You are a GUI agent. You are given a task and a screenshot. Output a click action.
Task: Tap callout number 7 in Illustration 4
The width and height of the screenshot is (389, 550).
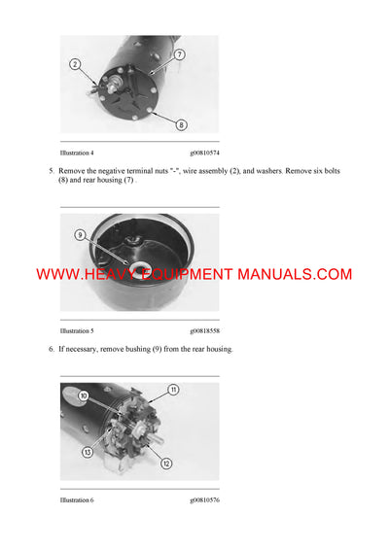[x=180, y=56]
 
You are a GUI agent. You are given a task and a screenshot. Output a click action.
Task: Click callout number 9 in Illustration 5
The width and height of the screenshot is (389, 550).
[x=81, y=235]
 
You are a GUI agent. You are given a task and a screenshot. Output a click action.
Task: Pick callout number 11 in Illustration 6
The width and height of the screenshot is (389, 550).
[x=173, y=390]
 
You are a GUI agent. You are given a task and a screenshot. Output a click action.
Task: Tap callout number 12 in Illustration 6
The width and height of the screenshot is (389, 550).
[x=166, y=464]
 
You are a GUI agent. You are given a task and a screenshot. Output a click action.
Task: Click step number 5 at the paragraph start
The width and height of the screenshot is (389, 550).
[x=51, y=171]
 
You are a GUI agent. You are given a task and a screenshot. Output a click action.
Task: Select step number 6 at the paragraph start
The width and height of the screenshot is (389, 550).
[x=51, y=348]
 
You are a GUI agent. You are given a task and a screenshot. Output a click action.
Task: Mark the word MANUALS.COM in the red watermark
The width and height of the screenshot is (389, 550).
[x=298, y=275]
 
